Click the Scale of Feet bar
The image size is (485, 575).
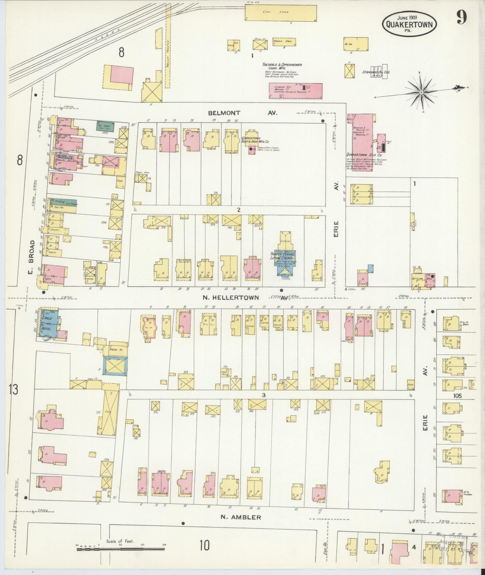pyautogui.click(x=120, y=549)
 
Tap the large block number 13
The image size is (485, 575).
pyautogui.click(x=13, y=389)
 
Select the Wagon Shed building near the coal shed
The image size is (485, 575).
pyautogui.click(x=284, y=41)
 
